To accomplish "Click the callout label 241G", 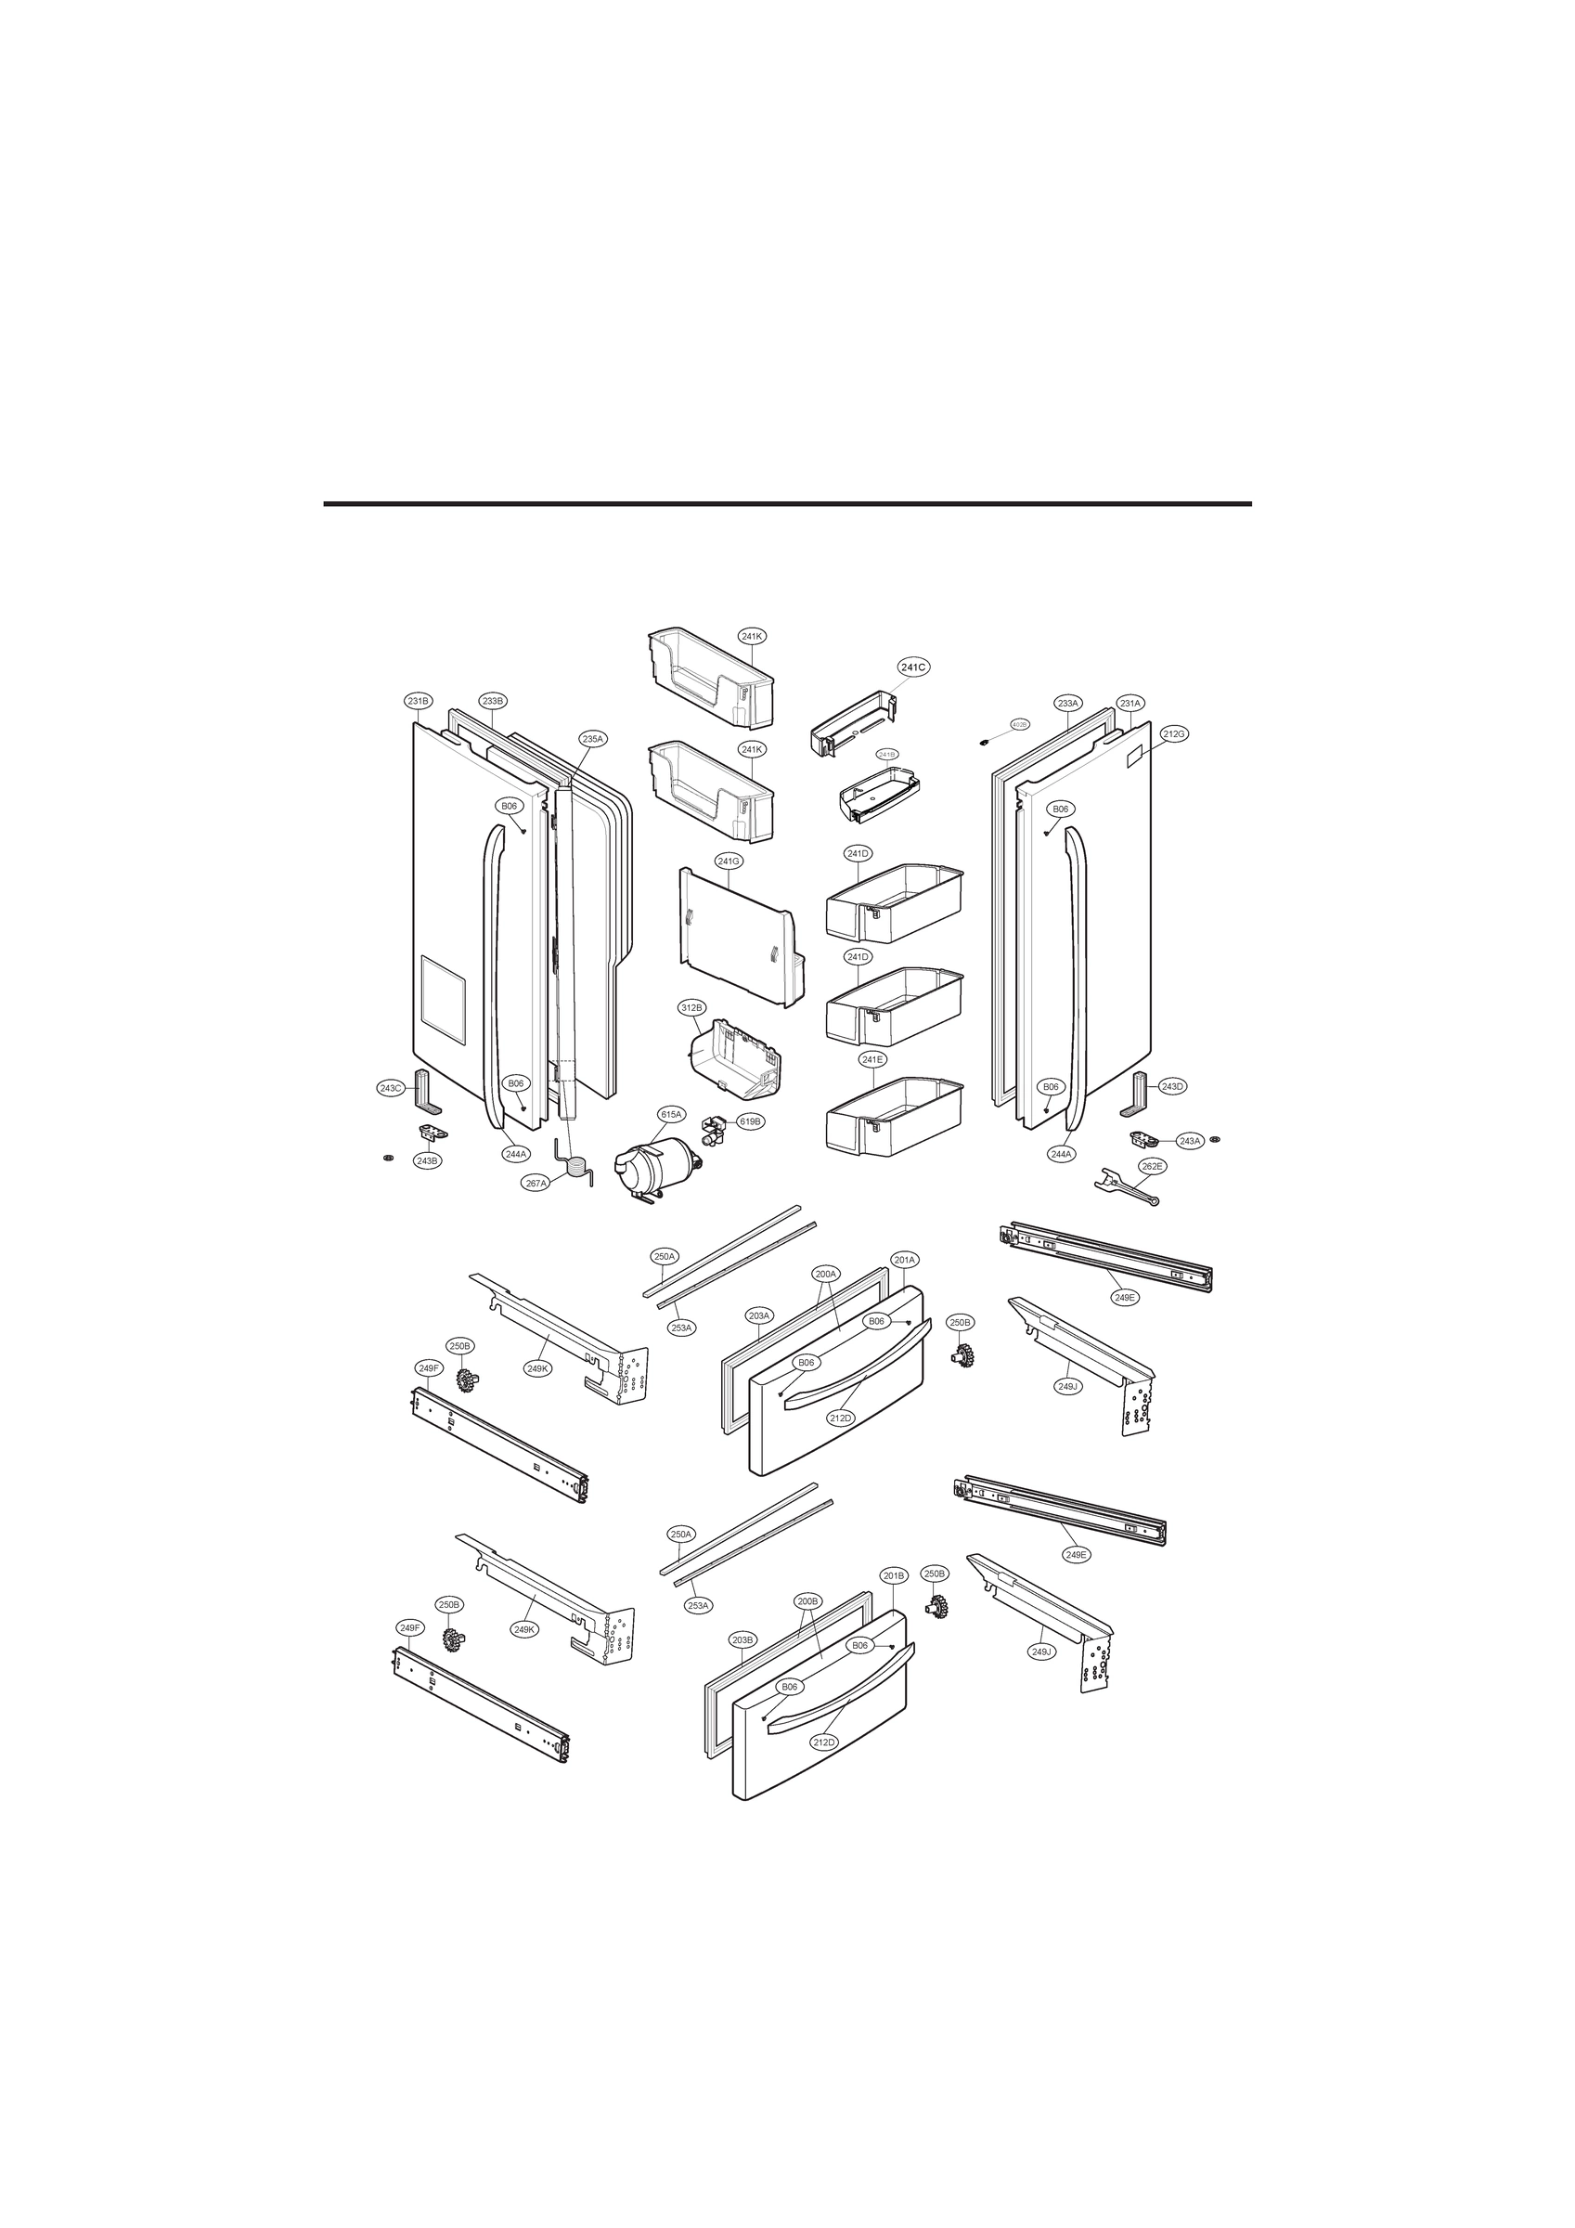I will pos(729,861).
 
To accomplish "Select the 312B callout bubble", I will pos(691,1008).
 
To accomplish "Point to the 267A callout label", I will pos(536,1183).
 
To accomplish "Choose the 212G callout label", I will pos(1173,733).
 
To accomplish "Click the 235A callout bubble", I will pos(593,738).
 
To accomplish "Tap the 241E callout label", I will pos(872,1059).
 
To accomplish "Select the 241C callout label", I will pos(913,667).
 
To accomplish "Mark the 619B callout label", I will pos(750,1120).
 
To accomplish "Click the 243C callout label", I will pos(390,1088).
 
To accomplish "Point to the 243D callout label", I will pos(1172,1086).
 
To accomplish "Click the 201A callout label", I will pos(904,1260).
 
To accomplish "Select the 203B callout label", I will pos(742,1639).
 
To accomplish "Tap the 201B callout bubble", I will pos(894,1576).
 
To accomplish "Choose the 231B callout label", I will pos(419,701).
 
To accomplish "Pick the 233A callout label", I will pos(1068,703).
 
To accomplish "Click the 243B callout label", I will pos(427,1160).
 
